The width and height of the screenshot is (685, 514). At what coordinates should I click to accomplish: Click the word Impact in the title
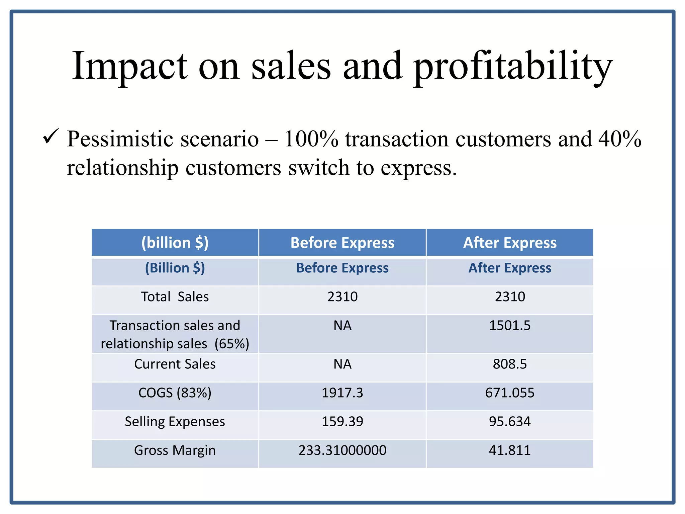click(x=130, y=66)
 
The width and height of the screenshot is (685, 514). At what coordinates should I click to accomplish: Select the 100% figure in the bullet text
click(x=311, y=139)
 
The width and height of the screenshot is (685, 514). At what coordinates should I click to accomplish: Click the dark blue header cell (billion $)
click(x=175, y=243)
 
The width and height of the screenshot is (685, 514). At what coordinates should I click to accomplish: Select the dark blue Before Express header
click(x=342, y=243)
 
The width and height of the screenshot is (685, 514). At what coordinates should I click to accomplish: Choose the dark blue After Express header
click(x=510, y=243)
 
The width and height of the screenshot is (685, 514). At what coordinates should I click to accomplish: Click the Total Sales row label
click(x=175, y=297)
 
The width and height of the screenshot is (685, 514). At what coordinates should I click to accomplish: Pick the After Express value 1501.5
click(x=510, y=326)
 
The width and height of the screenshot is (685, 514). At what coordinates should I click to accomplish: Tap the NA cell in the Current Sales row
click(x=342, y=364)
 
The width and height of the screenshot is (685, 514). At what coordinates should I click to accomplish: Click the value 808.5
click(x=510, y=364)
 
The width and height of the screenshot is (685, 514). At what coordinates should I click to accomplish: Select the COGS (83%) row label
click(x=175, y=393)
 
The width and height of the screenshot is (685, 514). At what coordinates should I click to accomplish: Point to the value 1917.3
click(x=342, y=393)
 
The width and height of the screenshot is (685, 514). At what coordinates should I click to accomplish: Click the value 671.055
click(x=510, y=393)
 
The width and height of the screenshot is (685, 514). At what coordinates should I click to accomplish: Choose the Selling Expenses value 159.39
click(x=342, y=422)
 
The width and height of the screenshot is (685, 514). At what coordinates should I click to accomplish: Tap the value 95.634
click(x=510, y=422)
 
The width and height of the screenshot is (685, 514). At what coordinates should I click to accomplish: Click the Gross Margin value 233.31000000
click(x=342, y=450)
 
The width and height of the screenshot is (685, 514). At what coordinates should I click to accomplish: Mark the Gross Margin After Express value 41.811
click(x=510, y=450)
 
